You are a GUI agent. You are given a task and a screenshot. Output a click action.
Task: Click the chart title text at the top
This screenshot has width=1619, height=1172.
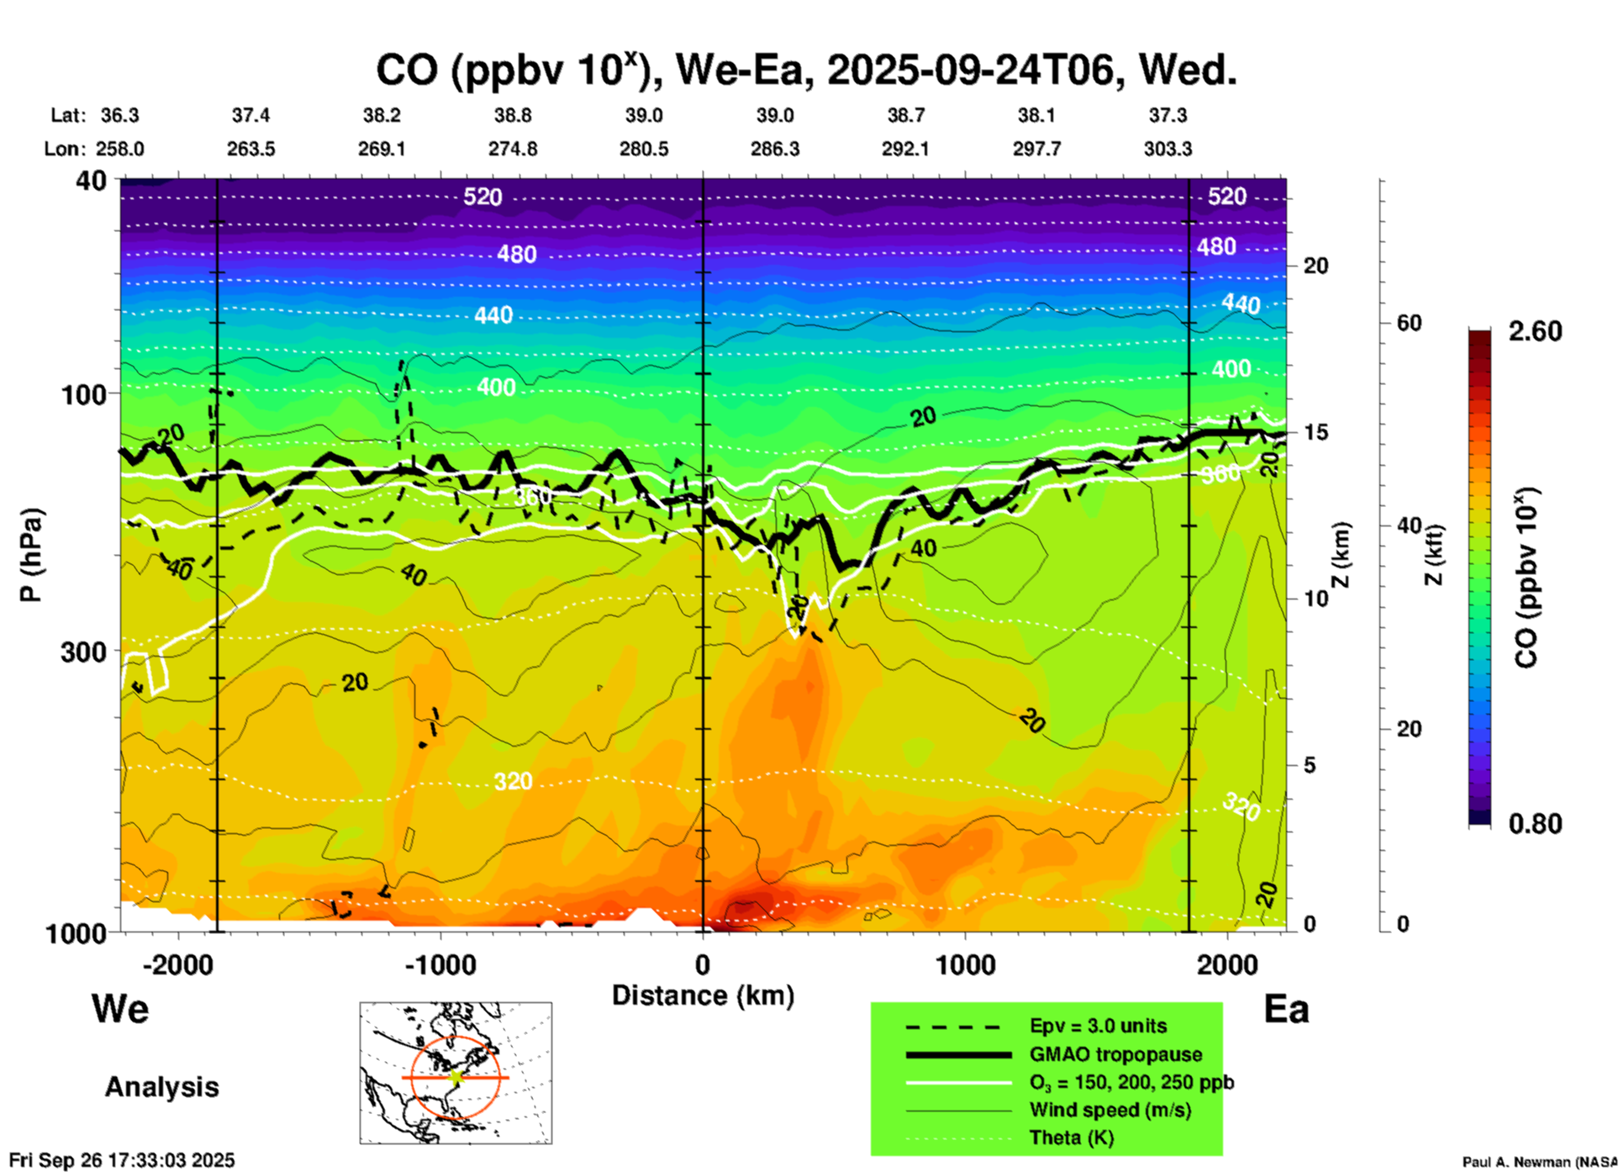pyautogui.click(x=805, y=71)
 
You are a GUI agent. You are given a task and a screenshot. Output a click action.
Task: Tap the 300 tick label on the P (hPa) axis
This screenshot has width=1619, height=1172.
pyautogui.click(x=83, y=652)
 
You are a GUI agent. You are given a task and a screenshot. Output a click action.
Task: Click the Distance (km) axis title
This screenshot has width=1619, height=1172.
pyautogui.click(x=703, y=995)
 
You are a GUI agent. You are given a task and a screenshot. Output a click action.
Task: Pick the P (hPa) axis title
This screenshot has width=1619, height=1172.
pyautogui.click(x=31, y=554)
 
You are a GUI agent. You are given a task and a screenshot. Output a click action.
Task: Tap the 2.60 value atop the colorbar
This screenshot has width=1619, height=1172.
pyautogui.click(x=1535, y=331)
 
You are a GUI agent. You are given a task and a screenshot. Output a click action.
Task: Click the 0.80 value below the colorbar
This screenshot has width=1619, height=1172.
pyautogui.click(x=1535, y=824)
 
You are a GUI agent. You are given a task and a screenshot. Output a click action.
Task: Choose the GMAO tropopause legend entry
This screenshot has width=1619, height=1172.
pyautogui.click(x=1115, y=1054)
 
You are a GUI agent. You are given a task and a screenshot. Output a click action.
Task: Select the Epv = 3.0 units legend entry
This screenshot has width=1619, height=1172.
pyautogui.click(x=1098, y=1026)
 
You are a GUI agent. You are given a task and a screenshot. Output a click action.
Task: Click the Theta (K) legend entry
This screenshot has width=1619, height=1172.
pyautogui.click(x=1071, y=1138)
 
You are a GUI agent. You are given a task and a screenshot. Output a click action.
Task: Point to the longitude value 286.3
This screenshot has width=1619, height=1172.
pyautogui.click(x=774, y=149)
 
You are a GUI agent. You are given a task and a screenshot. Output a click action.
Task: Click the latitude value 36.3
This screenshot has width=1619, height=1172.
pyautogui.click(x=119, y=115)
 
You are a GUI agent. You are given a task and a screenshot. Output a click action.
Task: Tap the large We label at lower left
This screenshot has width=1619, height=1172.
pyautogui.click(x=120, y=1008)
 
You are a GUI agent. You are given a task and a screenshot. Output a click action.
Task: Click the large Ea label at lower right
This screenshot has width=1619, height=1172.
pyautogui.click(x=1286, y=1009)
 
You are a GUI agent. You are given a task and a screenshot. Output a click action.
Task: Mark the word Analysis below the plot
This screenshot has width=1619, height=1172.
pyautogui.click(x=161, y=1087)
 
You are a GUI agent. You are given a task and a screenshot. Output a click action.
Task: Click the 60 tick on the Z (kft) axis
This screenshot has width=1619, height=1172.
pyautogui.click(x=1409, y=323)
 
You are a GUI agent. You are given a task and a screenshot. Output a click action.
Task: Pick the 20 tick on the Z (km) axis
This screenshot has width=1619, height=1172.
pyautogui.click(x=1316, y=266)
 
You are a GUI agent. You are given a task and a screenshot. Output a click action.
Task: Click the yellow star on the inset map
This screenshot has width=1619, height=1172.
pyautogui.click(x=456, y=1077)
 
